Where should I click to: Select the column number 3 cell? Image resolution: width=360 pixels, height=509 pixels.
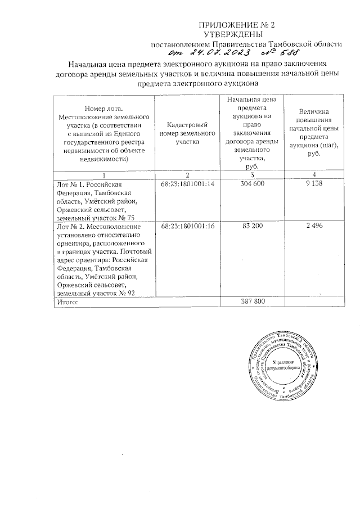tap(250, 175)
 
